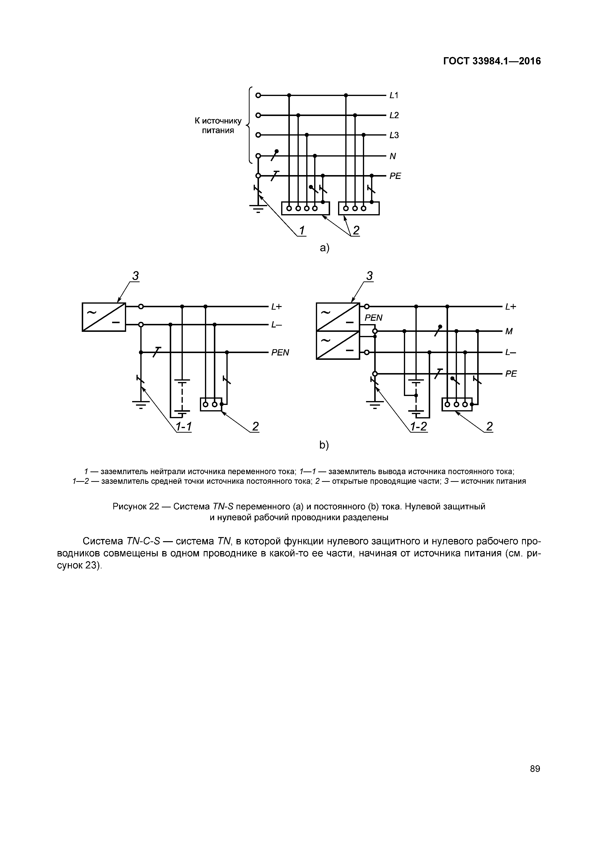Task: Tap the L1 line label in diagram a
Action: pos(394,96)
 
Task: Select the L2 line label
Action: pos(394,115)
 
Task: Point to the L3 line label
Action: pos(394,135)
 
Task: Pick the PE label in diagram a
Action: pos(395,176)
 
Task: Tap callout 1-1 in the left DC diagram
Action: pos(183,427)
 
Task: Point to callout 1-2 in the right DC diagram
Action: pos(419,427)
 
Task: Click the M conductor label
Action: pos(509,332)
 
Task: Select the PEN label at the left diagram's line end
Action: pos(280,353)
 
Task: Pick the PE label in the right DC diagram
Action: pos(511,374)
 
